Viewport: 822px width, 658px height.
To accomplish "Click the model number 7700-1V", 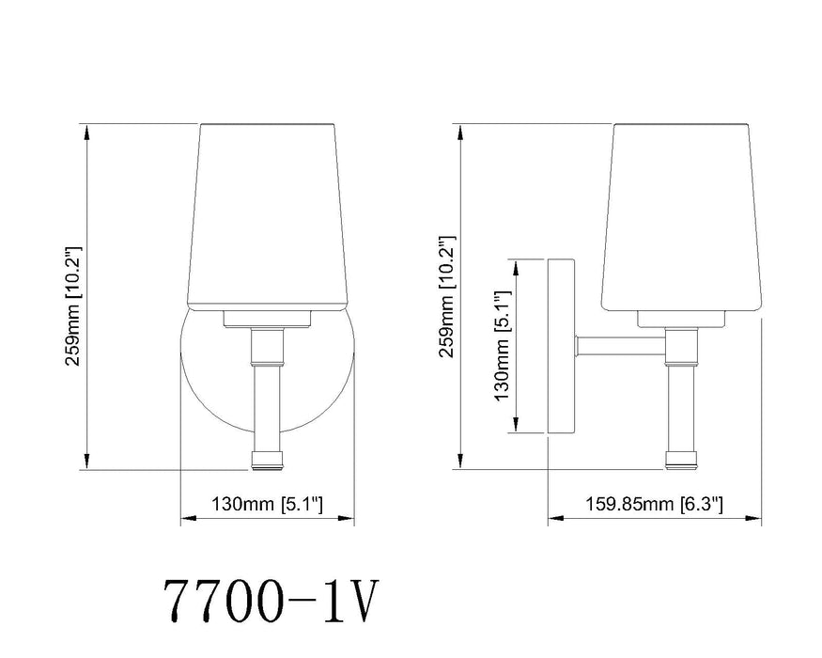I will (271, 599).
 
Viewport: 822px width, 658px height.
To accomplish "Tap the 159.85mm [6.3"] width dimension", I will (654, 504).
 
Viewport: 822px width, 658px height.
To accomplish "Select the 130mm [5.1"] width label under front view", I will (266, 504).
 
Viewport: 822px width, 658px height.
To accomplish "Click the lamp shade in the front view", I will (267, 216).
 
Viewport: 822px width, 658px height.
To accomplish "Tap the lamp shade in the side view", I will (681, 216).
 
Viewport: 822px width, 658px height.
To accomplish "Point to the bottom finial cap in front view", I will (267, 461).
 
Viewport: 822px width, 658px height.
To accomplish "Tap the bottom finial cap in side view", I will (681, 460).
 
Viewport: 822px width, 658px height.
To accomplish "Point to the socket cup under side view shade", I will (681, 320).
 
